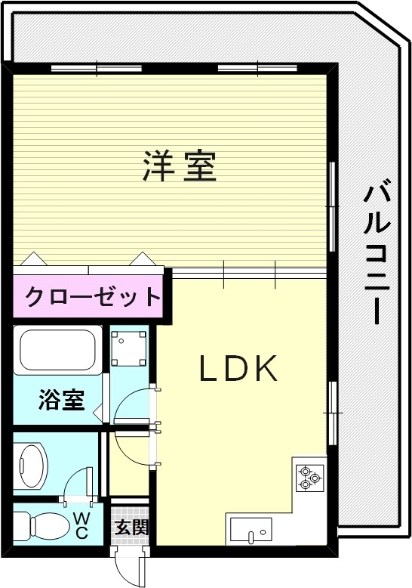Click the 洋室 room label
click(180, 166)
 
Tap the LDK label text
click(238, 368)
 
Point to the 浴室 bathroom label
click(61, 399)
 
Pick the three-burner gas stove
click(307, 476)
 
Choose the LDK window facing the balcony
click(331, 413)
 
